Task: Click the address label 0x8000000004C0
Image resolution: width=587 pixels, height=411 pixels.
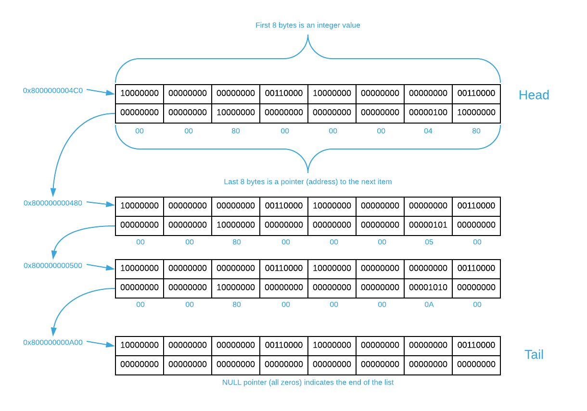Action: [53, 90]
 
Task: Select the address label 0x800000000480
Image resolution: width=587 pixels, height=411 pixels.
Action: [53, 203]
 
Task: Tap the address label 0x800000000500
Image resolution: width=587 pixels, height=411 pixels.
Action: [53, 265]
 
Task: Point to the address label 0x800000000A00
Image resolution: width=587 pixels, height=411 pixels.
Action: [53, 342]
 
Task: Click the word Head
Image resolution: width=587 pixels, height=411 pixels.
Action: [534, 95]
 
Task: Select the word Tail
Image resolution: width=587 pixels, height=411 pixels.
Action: [534, 355]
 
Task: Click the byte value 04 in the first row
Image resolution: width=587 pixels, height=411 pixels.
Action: [428, 131]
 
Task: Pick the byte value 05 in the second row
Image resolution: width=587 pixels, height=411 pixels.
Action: [429, 242]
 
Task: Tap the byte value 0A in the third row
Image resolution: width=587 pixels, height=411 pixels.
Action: [429, 304]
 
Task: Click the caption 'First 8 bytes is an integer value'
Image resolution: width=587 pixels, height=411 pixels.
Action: [307, 25]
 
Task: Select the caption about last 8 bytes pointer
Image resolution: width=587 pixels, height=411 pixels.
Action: [307, 182]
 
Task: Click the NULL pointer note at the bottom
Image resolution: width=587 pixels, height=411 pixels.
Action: [308, 382]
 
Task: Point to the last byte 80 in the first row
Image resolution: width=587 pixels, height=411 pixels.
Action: [476, 131]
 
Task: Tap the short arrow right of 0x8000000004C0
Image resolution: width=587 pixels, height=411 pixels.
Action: [101, 92]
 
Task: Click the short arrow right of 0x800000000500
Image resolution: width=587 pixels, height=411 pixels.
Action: [101, 267]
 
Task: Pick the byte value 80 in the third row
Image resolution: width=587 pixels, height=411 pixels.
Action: [236, 304]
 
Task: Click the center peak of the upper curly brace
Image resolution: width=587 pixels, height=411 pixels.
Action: [308, 38]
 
